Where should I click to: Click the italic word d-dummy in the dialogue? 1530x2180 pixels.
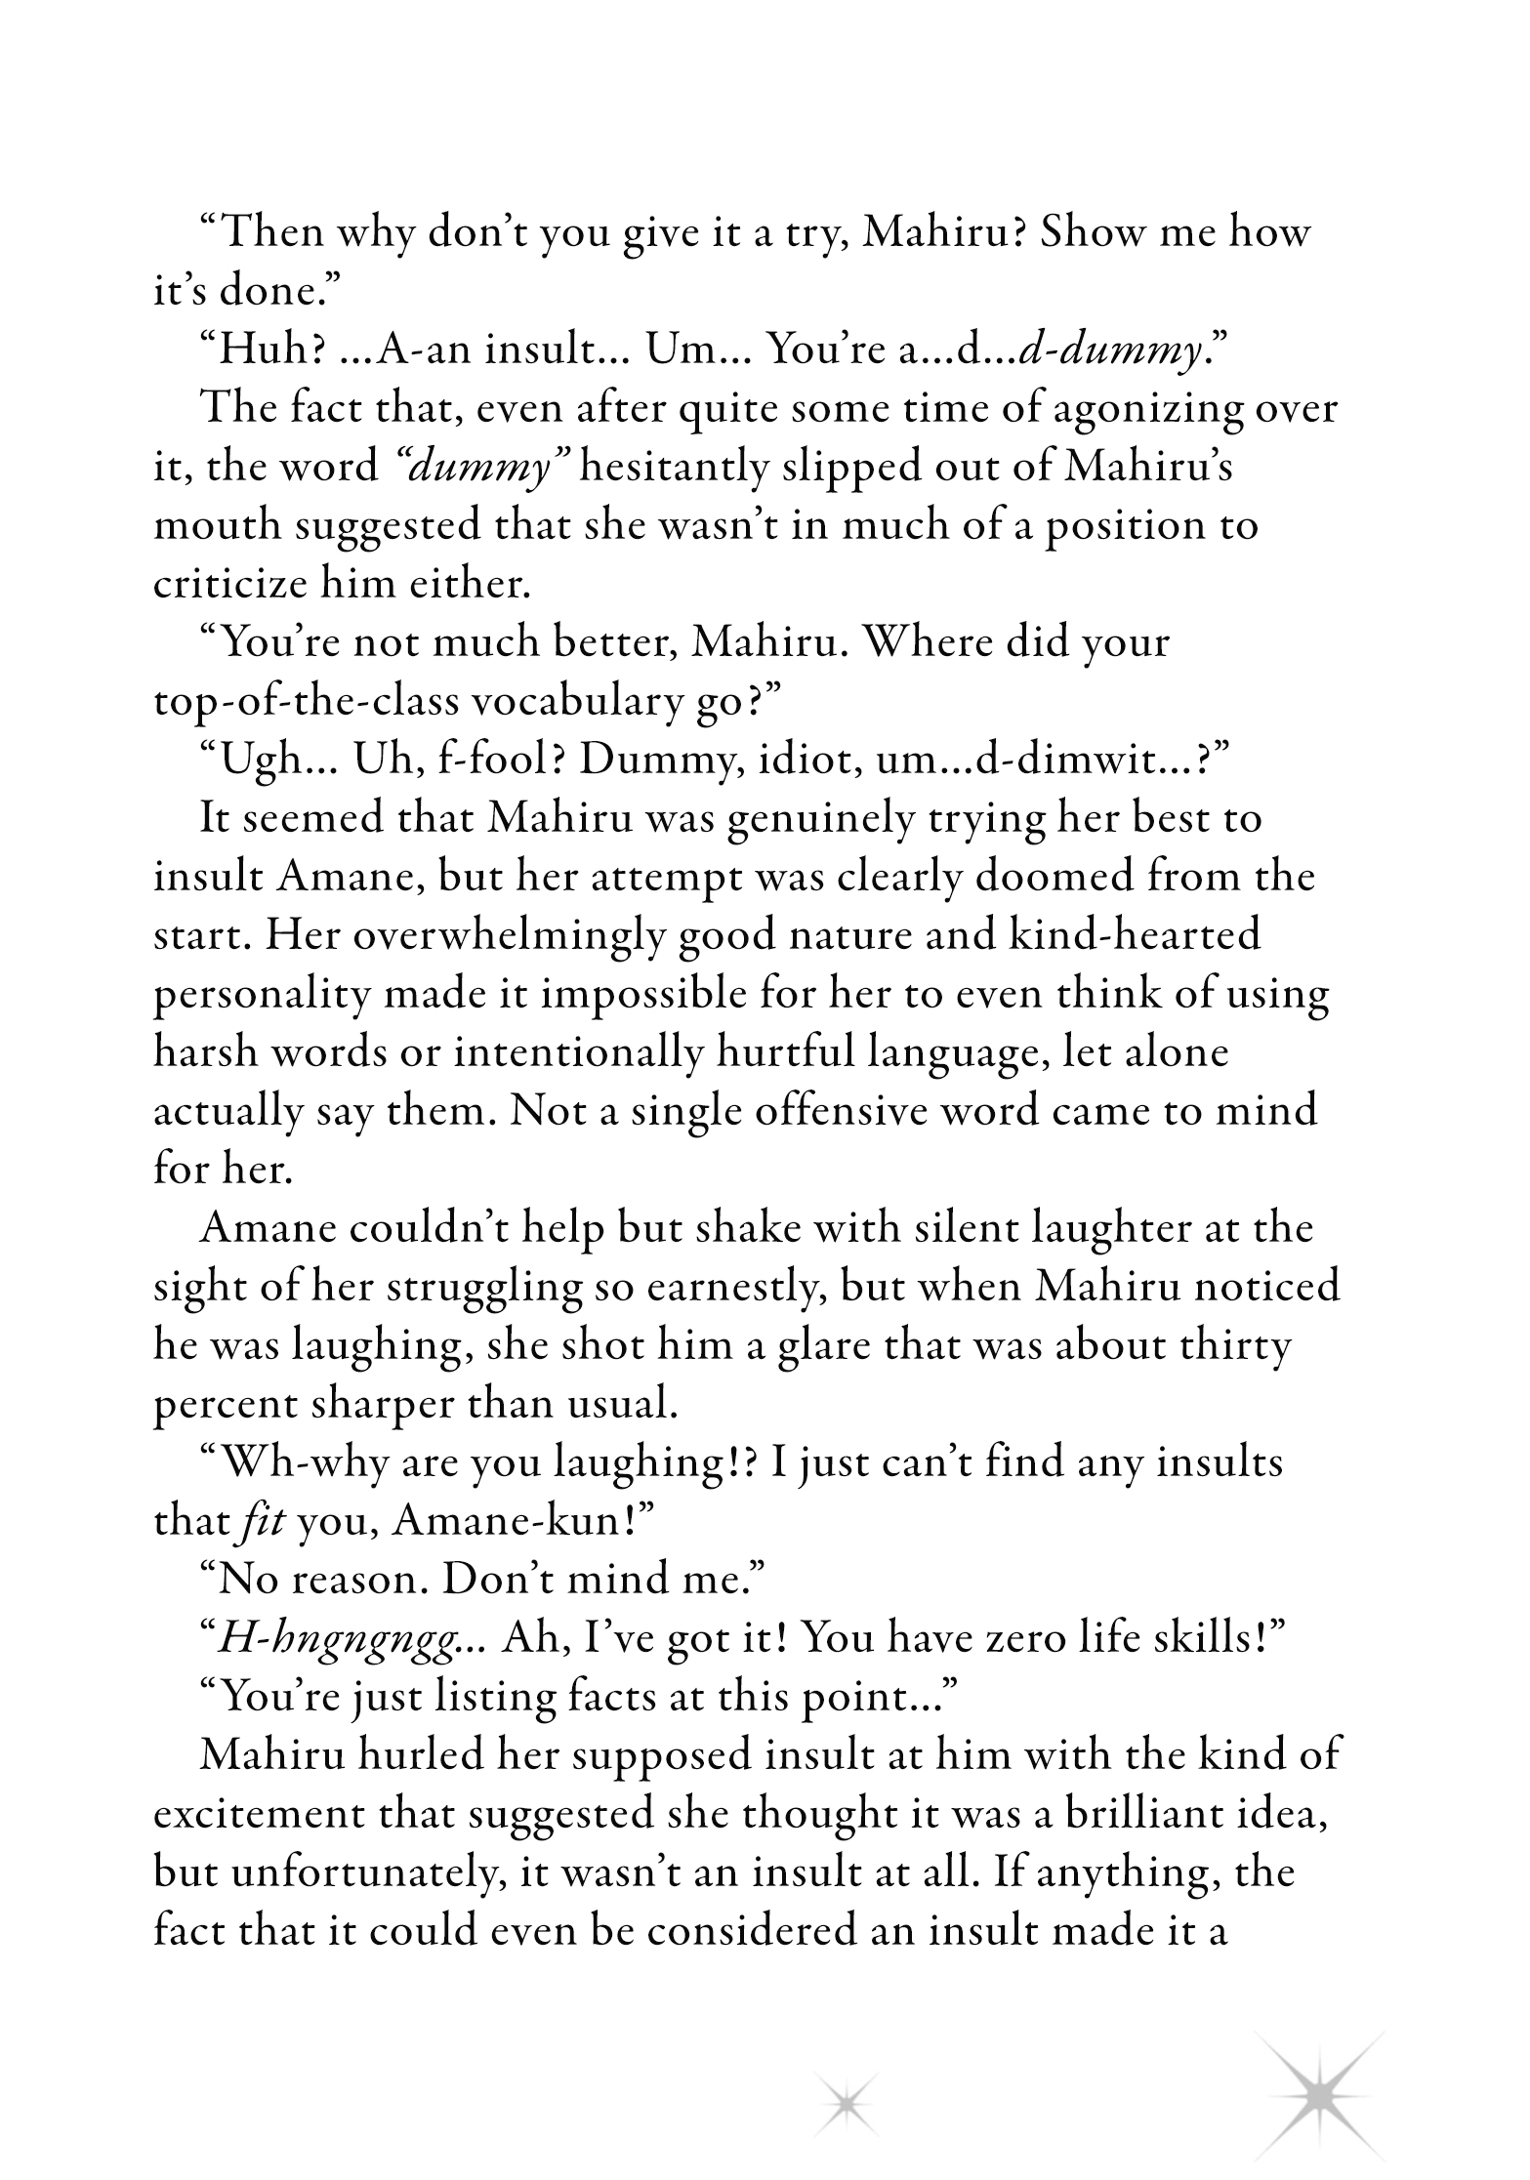click(1109, 349)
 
